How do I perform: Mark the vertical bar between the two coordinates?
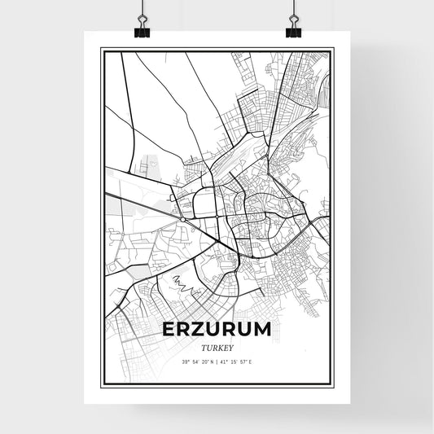click(x=217, y=362)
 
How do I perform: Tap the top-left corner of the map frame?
click(x=102, y=49)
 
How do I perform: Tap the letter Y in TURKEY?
click(x=232, y=345)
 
